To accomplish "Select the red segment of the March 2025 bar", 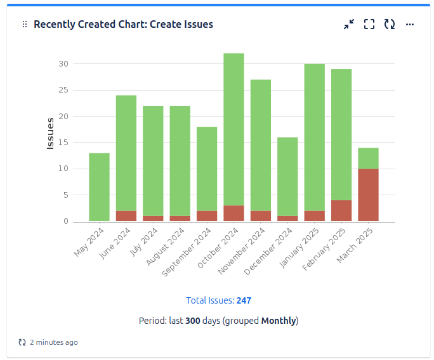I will [368, 195].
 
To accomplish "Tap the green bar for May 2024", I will [99, 187].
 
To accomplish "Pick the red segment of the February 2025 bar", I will [341, 210].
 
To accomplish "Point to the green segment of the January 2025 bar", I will [314, 137].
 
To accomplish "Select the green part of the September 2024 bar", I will [207, 169].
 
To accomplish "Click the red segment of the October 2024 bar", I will [233, 213].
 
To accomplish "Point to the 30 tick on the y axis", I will [63, 64].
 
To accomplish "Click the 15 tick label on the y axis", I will [63, 143].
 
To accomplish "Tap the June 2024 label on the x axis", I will [112, 244].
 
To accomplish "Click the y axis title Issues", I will [51, 133].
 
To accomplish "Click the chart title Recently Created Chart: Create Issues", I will [123, 25].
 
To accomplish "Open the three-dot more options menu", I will [410, 25].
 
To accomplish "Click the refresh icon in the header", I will [390, 25].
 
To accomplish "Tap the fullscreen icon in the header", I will [369, 25].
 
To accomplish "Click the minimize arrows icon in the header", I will [349, 25].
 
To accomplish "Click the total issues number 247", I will [244, 300].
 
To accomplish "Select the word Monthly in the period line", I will [279, 321].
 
